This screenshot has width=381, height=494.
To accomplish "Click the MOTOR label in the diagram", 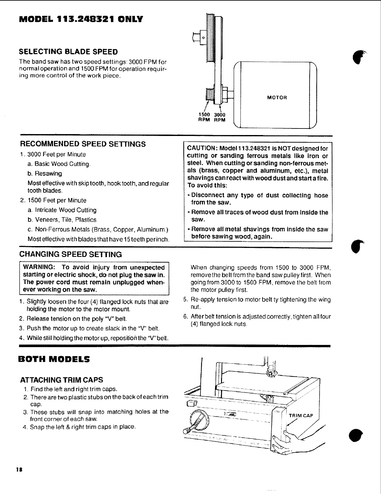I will [277, 98].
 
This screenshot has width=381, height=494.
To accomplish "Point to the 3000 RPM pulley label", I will [219, 117].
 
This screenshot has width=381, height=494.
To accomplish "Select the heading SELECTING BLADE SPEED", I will [68, 51].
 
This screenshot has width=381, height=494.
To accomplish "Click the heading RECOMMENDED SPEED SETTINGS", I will [83, 144].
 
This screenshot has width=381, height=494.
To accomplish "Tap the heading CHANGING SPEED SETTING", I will [71, 254].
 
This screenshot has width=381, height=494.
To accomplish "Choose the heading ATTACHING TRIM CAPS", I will [61, 380].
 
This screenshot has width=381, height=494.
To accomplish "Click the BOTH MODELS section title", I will [54, 359].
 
